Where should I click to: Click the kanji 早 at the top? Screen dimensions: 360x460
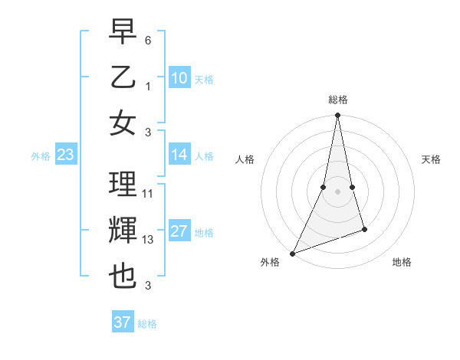(123, 32)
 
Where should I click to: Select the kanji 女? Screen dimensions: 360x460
(123, 123)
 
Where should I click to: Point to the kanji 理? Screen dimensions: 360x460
(123, 185)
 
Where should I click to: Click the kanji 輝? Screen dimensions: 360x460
(123, 231)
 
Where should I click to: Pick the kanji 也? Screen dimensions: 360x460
(123, 277)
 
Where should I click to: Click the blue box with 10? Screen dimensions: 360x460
(179, 78)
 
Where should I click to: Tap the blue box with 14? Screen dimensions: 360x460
(179, 155)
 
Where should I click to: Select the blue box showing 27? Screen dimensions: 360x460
(179, 232)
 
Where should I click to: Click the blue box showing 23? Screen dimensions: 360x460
(65, 155)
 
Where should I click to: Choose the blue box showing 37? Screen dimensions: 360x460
(122, 322)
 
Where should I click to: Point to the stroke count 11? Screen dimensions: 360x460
(148, 194)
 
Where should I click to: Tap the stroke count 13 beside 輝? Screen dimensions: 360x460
(148, 240)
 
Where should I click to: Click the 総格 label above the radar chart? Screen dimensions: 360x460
(337, 100)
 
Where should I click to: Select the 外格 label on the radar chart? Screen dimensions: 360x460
(270, 263)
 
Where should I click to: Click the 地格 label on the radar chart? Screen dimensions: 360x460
(402, 263)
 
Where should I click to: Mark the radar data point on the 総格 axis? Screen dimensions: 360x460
(337, 116)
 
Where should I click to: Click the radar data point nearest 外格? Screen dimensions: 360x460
(293, 253)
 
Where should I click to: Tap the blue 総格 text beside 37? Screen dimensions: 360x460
(147, 324)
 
